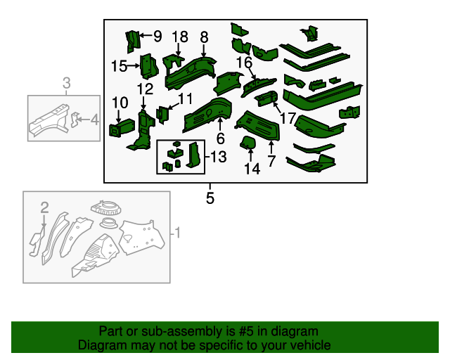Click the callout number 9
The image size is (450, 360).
[157, 36]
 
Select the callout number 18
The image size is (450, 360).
[180, 37]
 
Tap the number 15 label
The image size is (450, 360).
[119, 66]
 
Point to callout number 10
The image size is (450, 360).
[120, 103]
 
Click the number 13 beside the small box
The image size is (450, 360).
[219, 157]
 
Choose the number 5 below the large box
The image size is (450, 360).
[210, 198]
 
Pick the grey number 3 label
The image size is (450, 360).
[66, 83]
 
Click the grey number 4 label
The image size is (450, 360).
[95, 120]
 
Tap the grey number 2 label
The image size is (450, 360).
[44, 207]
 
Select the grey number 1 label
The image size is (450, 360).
[178, 233]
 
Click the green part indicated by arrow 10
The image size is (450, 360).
[122, 127]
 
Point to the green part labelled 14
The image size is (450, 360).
[248, 143]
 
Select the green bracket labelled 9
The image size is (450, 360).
[133, 41]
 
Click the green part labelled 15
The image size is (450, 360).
[149, 67]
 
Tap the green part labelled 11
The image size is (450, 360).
[162, 115]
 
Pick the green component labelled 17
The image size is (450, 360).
[266, 98]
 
